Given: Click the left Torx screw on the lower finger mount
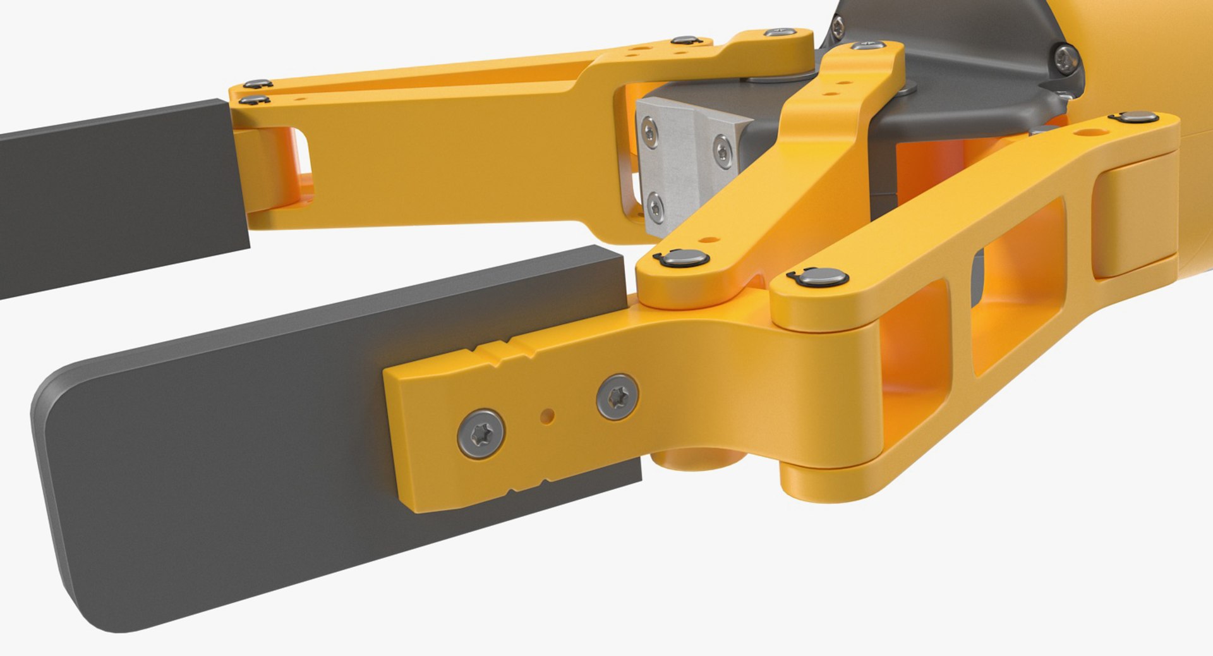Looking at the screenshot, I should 481,434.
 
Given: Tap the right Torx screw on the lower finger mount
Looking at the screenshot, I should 617,397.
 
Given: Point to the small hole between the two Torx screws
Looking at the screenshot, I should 547,416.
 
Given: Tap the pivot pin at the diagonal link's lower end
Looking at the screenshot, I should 681,258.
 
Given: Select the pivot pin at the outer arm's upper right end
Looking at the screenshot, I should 1135,117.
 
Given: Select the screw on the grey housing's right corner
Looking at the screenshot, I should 1067,57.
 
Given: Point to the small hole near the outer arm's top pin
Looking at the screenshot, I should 1089,133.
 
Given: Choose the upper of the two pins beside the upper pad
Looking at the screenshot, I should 257,84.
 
